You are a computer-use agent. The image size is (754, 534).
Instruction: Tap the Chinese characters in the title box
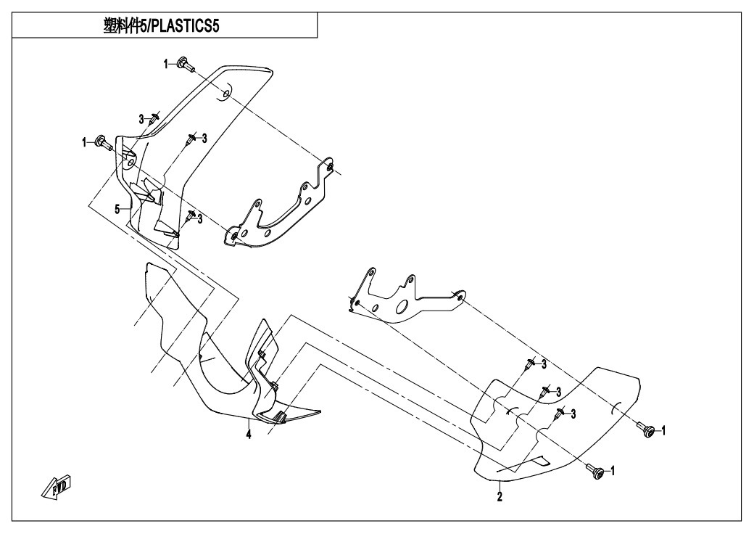tap(122, 26)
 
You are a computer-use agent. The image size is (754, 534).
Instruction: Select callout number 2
tap(500, 496)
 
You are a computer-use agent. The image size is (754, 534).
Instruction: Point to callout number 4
tap(248, 435)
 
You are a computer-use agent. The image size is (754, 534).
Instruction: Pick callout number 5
tap(117, 209)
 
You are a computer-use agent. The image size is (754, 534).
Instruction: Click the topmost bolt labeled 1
tap(185, 64)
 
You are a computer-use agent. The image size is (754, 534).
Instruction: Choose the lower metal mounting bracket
tap(406, 296)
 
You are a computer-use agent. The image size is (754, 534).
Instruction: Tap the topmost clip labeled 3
tap(154, 118)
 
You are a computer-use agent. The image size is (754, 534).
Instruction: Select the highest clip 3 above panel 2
tap(530, 366)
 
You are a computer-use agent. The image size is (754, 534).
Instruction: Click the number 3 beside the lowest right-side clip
tap(573, 414)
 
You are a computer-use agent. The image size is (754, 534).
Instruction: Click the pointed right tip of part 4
tap(320, 411)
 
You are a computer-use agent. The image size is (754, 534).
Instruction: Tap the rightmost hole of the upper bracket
tap(329, 167)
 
